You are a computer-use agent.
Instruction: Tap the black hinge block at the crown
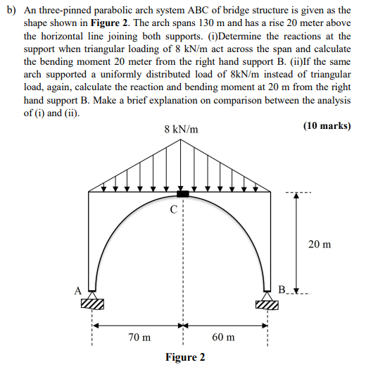[x=182, y=194]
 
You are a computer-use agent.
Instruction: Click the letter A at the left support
[x=79, y=289]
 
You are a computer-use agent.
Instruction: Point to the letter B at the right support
[x=282, y=290]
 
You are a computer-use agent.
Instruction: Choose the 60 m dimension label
[x=223, y=337]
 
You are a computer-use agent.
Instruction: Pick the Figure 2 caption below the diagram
[x=185, y=357]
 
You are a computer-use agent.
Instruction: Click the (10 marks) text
[x=327, y=126]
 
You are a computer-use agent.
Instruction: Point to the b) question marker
[x=11, y=11]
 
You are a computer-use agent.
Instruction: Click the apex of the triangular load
[x=182, y=139]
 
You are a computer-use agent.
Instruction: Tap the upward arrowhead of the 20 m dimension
[x=296, y=195]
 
